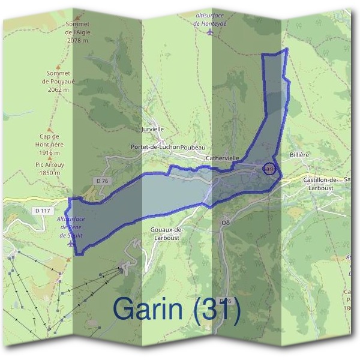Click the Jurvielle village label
[x=151, y=129]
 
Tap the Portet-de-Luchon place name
[x=155, y=147]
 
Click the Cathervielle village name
[x=223, y=158]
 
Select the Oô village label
[x=226, y=223]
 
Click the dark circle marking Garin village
[x=269, y=169]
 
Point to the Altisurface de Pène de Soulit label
[x=72, y=227]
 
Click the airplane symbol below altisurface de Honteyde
[x=209, y=32]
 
